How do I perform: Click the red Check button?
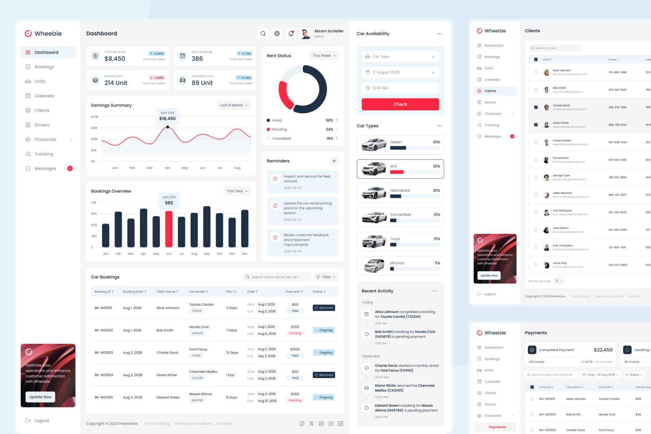click(400, 104)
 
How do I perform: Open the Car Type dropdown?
click(400, 57)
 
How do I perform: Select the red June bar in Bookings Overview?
click(169, 229)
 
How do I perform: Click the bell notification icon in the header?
click(291, 34)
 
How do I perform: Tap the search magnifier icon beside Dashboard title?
click(263, 34)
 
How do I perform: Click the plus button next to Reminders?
click(334, 161)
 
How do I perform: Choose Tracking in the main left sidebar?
click(44, 154)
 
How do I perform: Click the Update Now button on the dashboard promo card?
click(40, 397)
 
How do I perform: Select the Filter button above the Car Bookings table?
click(326, 277)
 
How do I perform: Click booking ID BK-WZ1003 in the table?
click(104, 353)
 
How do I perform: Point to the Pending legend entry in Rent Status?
click(279, 129)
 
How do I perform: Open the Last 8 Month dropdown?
click(234, 105)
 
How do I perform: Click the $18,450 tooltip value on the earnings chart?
click(168, 118)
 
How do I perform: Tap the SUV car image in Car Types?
click(374, 169)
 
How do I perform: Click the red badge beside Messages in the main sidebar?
click(70, 169)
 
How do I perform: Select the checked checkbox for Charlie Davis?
click(536, 107)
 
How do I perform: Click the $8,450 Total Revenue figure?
click(115, 59)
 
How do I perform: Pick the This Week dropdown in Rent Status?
click(324, 56)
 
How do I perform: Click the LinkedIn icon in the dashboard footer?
click(341, 423)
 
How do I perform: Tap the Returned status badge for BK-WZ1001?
click(324, 308)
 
